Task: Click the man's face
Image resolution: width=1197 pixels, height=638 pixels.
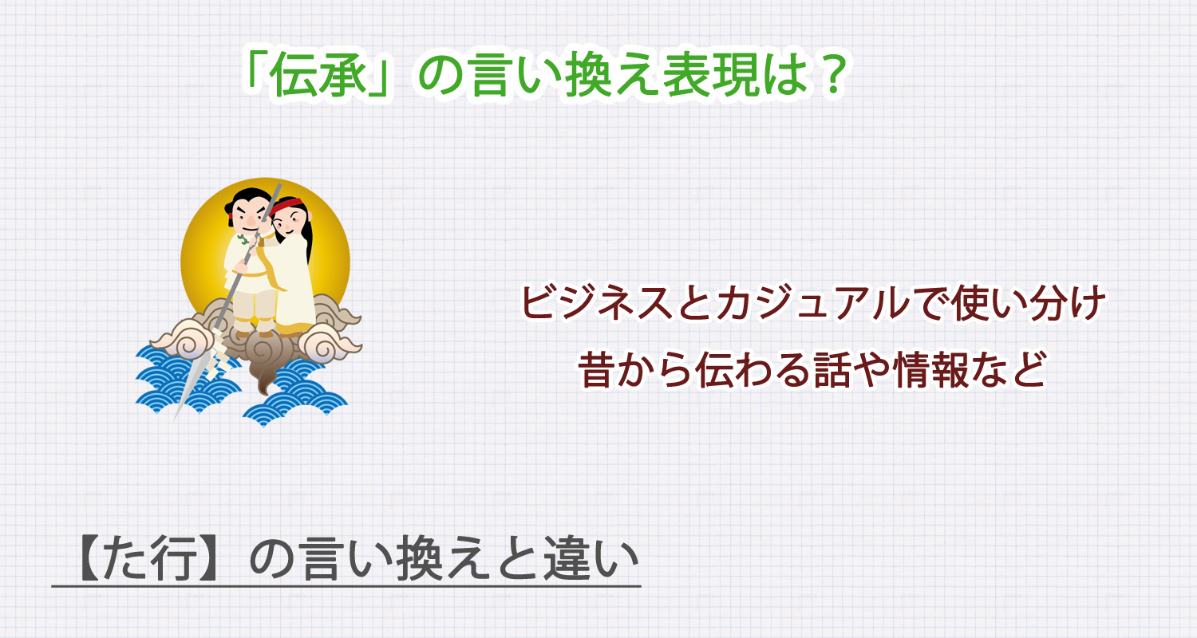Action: tap(247, 215)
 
